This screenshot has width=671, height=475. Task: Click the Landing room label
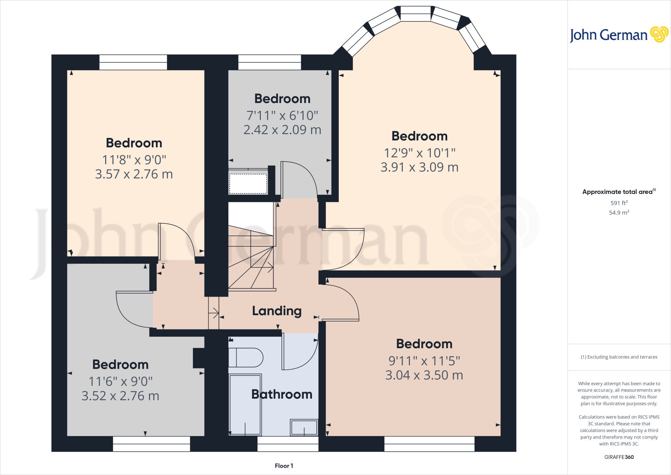277,311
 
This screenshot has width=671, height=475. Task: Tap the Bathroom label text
282,394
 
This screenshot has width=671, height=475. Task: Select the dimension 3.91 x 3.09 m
419,167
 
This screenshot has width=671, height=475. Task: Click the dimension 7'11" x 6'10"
282,115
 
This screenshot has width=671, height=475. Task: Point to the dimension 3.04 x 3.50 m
424,375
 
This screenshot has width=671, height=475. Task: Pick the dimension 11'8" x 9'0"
134,160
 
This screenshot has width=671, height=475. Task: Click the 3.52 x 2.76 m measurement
120,396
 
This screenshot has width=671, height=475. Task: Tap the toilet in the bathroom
246,358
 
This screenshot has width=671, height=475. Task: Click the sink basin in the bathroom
304,427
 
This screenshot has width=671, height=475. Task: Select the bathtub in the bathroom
245,404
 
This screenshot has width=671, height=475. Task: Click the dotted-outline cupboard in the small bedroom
248,184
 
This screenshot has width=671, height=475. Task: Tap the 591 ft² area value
619,203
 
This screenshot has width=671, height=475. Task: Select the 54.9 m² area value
619,213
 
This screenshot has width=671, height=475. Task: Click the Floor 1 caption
284,466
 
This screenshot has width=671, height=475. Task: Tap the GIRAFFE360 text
619,457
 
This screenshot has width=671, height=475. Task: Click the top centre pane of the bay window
415,14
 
